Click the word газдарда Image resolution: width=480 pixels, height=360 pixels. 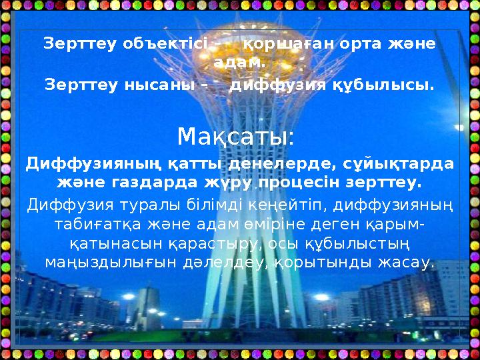pyautogui.click(x=145, y=182)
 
